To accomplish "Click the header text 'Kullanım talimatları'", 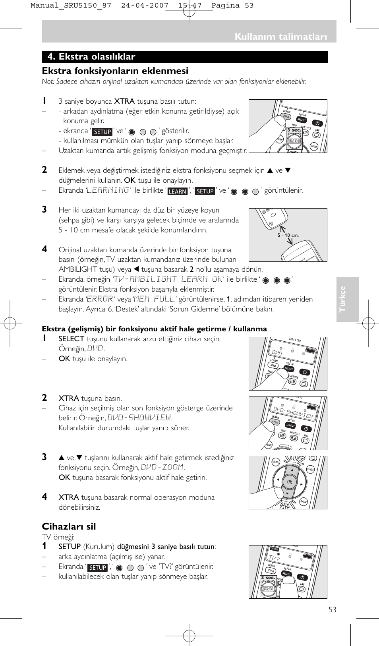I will pyautogui.click(x=280, y=37).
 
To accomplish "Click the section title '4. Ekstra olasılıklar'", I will pyautogui.click(x=91, y=57).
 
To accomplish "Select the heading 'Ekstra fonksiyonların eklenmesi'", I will pyautogui.click(x=115, y=71).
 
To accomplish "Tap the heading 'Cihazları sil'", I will pyautogui.click(x=69, y=526).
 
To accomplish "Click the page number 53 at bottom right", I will pyautogui.click(x=332, y=609).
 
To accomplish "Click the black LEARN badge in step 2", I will pyautogui.click(x=177, y=191).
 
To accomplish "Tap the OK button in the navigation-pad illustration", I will pyautogui.click(x=290, y=482).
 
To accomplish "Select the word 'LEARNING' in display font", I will pyautogui.click(x=108, y=190).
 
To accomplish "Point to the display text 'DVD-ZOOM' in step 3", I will pyautogui.click(x=162, y=468).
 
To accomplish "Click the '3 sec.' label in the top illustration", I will pyautogui.click(x=294, y=130).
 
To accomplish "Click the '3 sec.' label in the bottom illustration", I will pyautogui.click(x=268, y=578).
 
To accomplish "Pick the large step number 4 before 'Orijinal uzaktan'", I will pyautogui.click(x=44, y=250).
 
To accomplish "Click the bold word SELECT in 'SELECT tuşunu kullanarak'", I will pyautogui.click(x=71, y=339).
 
